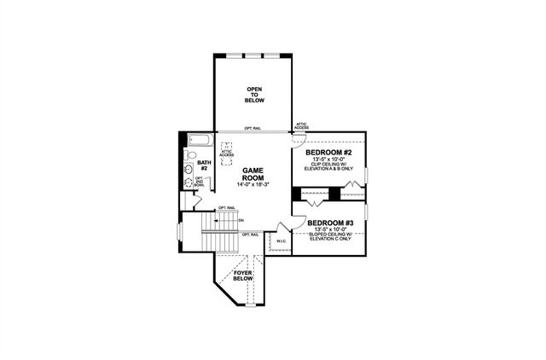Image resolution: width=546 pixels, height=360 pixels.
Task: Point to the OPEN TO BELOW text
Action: [255, 95]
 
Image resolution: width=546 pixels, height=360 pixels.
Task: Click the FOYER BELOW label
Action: [243, 276]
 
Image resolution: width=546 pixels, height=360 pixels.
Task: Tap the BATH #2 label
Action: [205, 164]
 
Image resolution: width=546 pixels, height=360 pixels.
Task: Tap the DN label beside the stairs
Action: [241, 219]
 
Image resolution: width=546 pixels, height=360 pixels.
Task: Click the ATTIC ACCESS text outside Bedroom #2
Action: [301, 125]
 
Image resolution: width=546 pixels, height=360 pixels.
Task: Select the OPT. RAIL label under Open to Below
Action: [253, 128]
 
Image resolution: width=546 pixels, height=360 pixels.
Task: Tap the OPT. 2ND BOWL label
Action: [200, 182]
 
